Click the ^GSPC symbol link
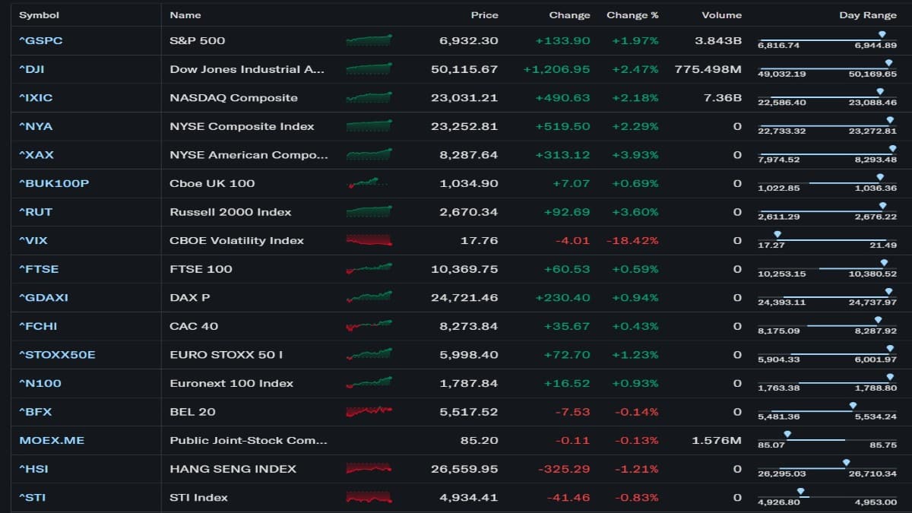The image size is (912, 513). click(40, 40)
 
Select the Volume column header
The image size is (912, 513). click(721, 15)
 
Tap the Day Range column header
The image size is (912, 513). click(867, 15)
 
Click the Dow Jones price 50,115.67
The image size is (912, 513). click(464, 69)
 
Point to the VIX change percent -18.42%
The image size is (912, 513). click(632, 240)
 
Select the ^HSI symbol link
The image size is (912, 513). click(33, 469)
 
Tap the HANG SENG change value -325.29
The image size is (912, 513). click(564, 469)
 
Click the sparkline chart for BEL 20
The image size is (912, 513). click(369, 411)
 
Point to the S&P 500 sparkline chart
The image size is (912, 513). click(369, 40)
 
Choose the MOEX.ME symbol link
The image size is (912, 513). click(52, 440)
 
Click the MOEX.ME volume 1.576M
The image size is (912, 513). click(716, 440)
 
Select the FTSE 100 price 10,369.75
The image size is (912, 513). click(464, 269)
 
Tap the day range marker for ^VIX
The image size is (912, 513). click(777, 234)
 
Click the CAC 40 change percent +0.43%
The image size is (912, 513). click(635, 326)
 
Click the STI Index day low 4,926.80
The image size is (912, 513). click(778, 502)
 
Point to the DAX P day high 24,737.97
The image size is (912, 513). click(876, 302)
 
